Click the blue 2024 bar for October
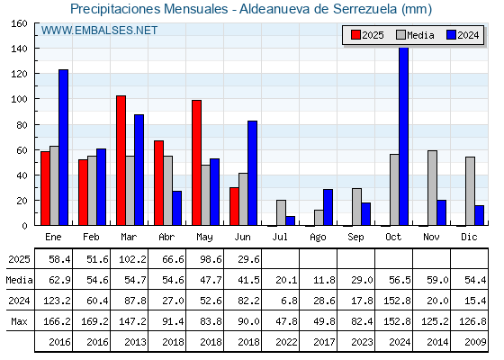click(404, 136)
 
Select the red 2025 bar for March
click(121, 160)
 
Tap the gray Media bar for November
click(432, 188)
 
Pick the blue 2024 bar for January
click(63, 148)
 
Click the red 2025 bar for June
click(234, 206)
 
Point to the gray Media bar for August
click(319, 218)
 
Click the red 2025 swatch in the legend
click(355, 35)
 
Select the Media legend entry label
click(420, 35)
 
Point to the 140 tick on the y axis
click(36, 49)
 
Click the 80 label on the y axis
click(22, 125)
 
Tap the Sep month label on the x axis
click(355, 238)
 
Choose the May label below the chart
click(205, 238)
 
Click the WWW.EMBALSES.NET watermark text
click(99, 31)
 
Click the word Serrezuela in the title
click(364, 9)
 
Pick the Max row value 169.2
click(94, 321)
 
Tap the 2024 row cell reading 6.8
click(289, 301)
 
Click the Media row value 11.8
click(324, 280)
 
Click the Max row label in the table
click(19, 321)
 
